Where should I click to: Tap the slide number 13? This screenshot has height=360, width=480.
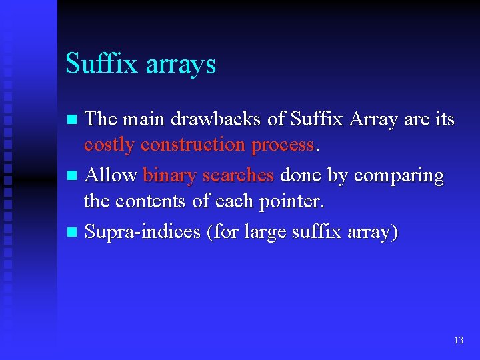point(458,340)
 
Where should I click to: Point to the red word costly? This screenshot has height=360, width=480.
point(109,145)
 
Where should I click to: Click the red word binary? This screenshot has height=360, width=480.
point(170,176)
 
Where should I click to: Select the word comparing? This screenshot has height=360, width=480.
point(398,176)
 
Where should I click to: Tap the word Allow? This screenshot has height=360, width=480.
point(111,175)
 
